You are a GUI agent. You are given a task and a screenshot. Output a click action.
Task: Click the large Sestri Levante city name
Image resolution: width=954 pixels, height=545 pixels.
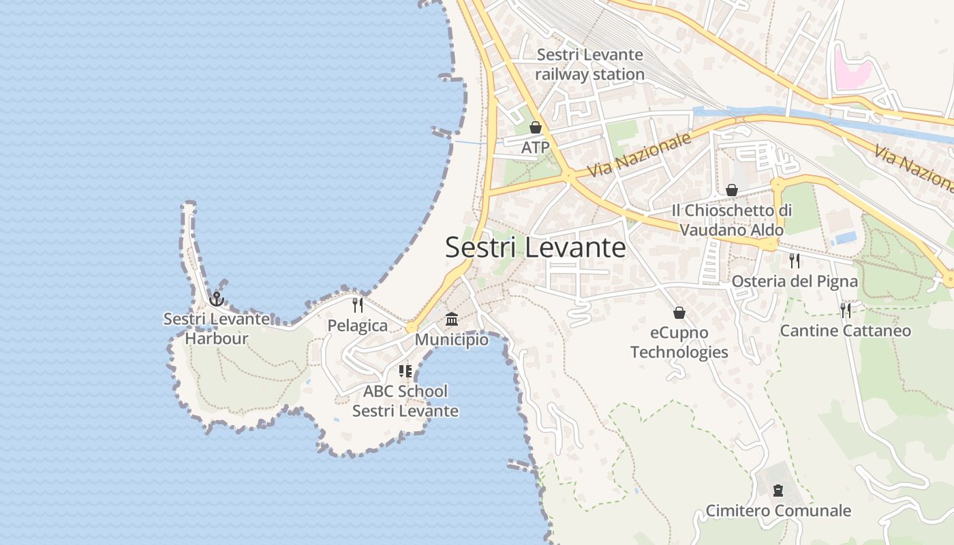[535, 247]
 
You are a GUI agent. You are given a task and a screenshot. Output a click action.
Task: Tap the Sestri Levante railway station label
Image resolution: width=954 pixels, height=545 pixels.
[589, 65]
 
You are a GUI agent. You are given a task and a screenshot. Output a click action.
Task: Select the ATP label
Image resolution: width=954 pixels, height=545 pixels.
[535, 147]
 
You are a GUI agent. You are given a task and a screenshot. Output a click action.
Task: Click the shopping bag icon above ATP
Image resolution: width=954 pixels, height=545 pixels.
[536, 127]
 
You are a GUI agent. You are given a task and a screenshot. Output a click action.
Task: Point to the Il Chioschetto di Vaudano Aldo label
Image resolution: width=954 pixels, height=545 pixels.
[732, 220]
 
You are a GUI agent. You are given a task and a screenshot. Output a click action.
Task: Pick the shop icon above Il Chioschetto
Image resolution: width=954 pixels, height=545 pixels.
[732, 190]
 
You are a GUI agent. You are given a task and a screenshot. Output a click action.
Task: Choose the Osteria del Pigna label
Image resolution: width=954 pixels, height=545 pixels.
[795, 281]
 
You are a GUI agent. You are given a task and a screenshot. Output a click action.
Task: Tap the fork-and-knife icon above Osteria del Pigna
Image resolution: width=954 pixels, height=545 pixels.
[795, 261]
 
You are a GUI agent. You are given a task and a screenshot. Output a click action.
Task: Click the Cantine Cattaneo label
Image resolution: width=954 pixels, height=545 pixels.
[845, 331]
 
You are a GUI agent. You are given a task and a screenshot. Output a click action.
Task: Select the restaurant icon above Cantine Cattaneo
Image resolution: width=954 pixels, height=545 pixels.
[846, 311]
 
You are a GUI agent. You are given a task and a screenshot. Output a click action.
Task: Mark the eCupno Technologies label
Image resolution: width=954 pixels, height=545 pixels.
[679, 343]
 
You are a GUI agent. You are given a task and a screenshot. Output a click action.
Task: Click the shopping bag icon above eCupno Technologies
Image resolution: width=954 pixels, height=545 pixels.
[679, 313]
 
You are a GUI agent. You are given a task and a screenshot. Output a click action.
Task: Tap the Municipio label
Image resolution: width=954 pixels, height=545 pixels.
[452, 339]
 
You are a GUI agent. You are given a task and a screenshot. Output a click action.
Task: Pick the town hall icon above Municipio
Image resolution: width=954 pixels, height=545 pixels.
[452, 319]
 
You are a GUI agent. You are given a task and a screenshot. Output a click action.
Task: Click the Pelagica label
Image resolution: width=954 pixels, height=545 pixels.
[358, 326]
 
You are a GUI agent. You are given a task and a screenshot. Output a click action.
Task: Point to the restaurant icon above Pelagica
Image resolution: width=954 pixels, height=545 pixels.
[358, 305]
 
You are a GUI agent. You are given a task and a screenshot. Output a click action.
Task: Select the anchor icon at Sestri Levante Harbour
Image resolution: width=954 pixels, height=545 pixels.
[217, 298]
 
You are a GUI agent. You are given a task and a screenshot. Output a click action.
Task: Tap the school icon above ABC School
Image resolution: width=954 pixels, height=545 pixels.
[405, 371]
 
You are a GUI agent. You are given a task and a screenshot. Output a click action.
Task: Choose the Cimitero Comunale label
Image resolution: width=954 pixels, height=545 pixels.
[778, 511]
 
